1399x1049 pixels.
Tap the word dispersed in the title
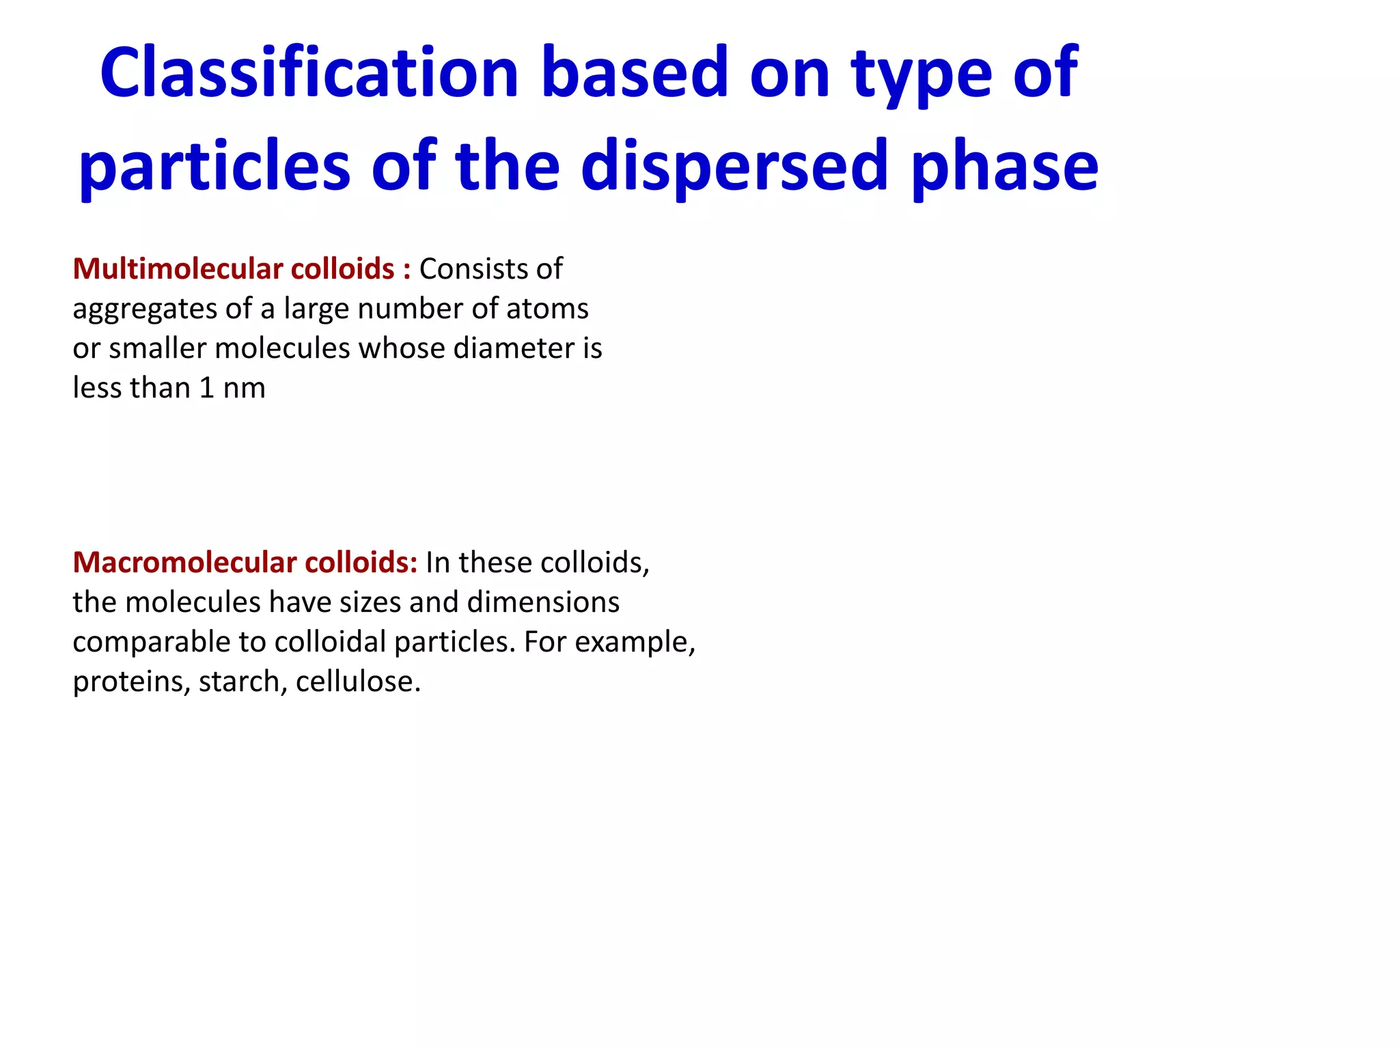[735, 166]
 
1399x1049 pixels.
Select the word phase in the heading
[1005, 166]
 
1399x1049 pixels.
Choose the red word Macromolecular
[184, 563]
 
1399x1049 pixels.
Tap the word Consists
[473, 269]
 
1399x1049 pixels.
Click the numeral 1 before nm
[207, 388]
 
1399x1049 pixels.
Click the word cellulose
[358, 682]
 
